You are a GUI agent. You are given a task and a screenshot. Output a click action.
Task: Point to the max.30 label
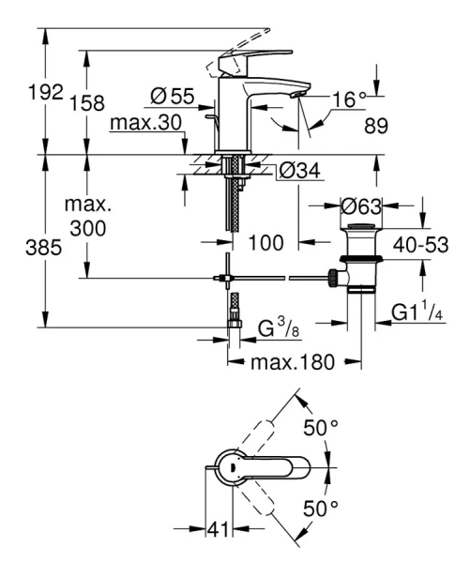pos(144,124)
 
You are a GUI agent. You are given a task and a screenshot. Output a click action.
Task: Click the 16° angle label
pos(347,98)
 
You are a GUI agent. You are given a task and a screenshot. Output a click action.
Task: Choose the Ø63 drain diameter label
pos(359,205)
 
